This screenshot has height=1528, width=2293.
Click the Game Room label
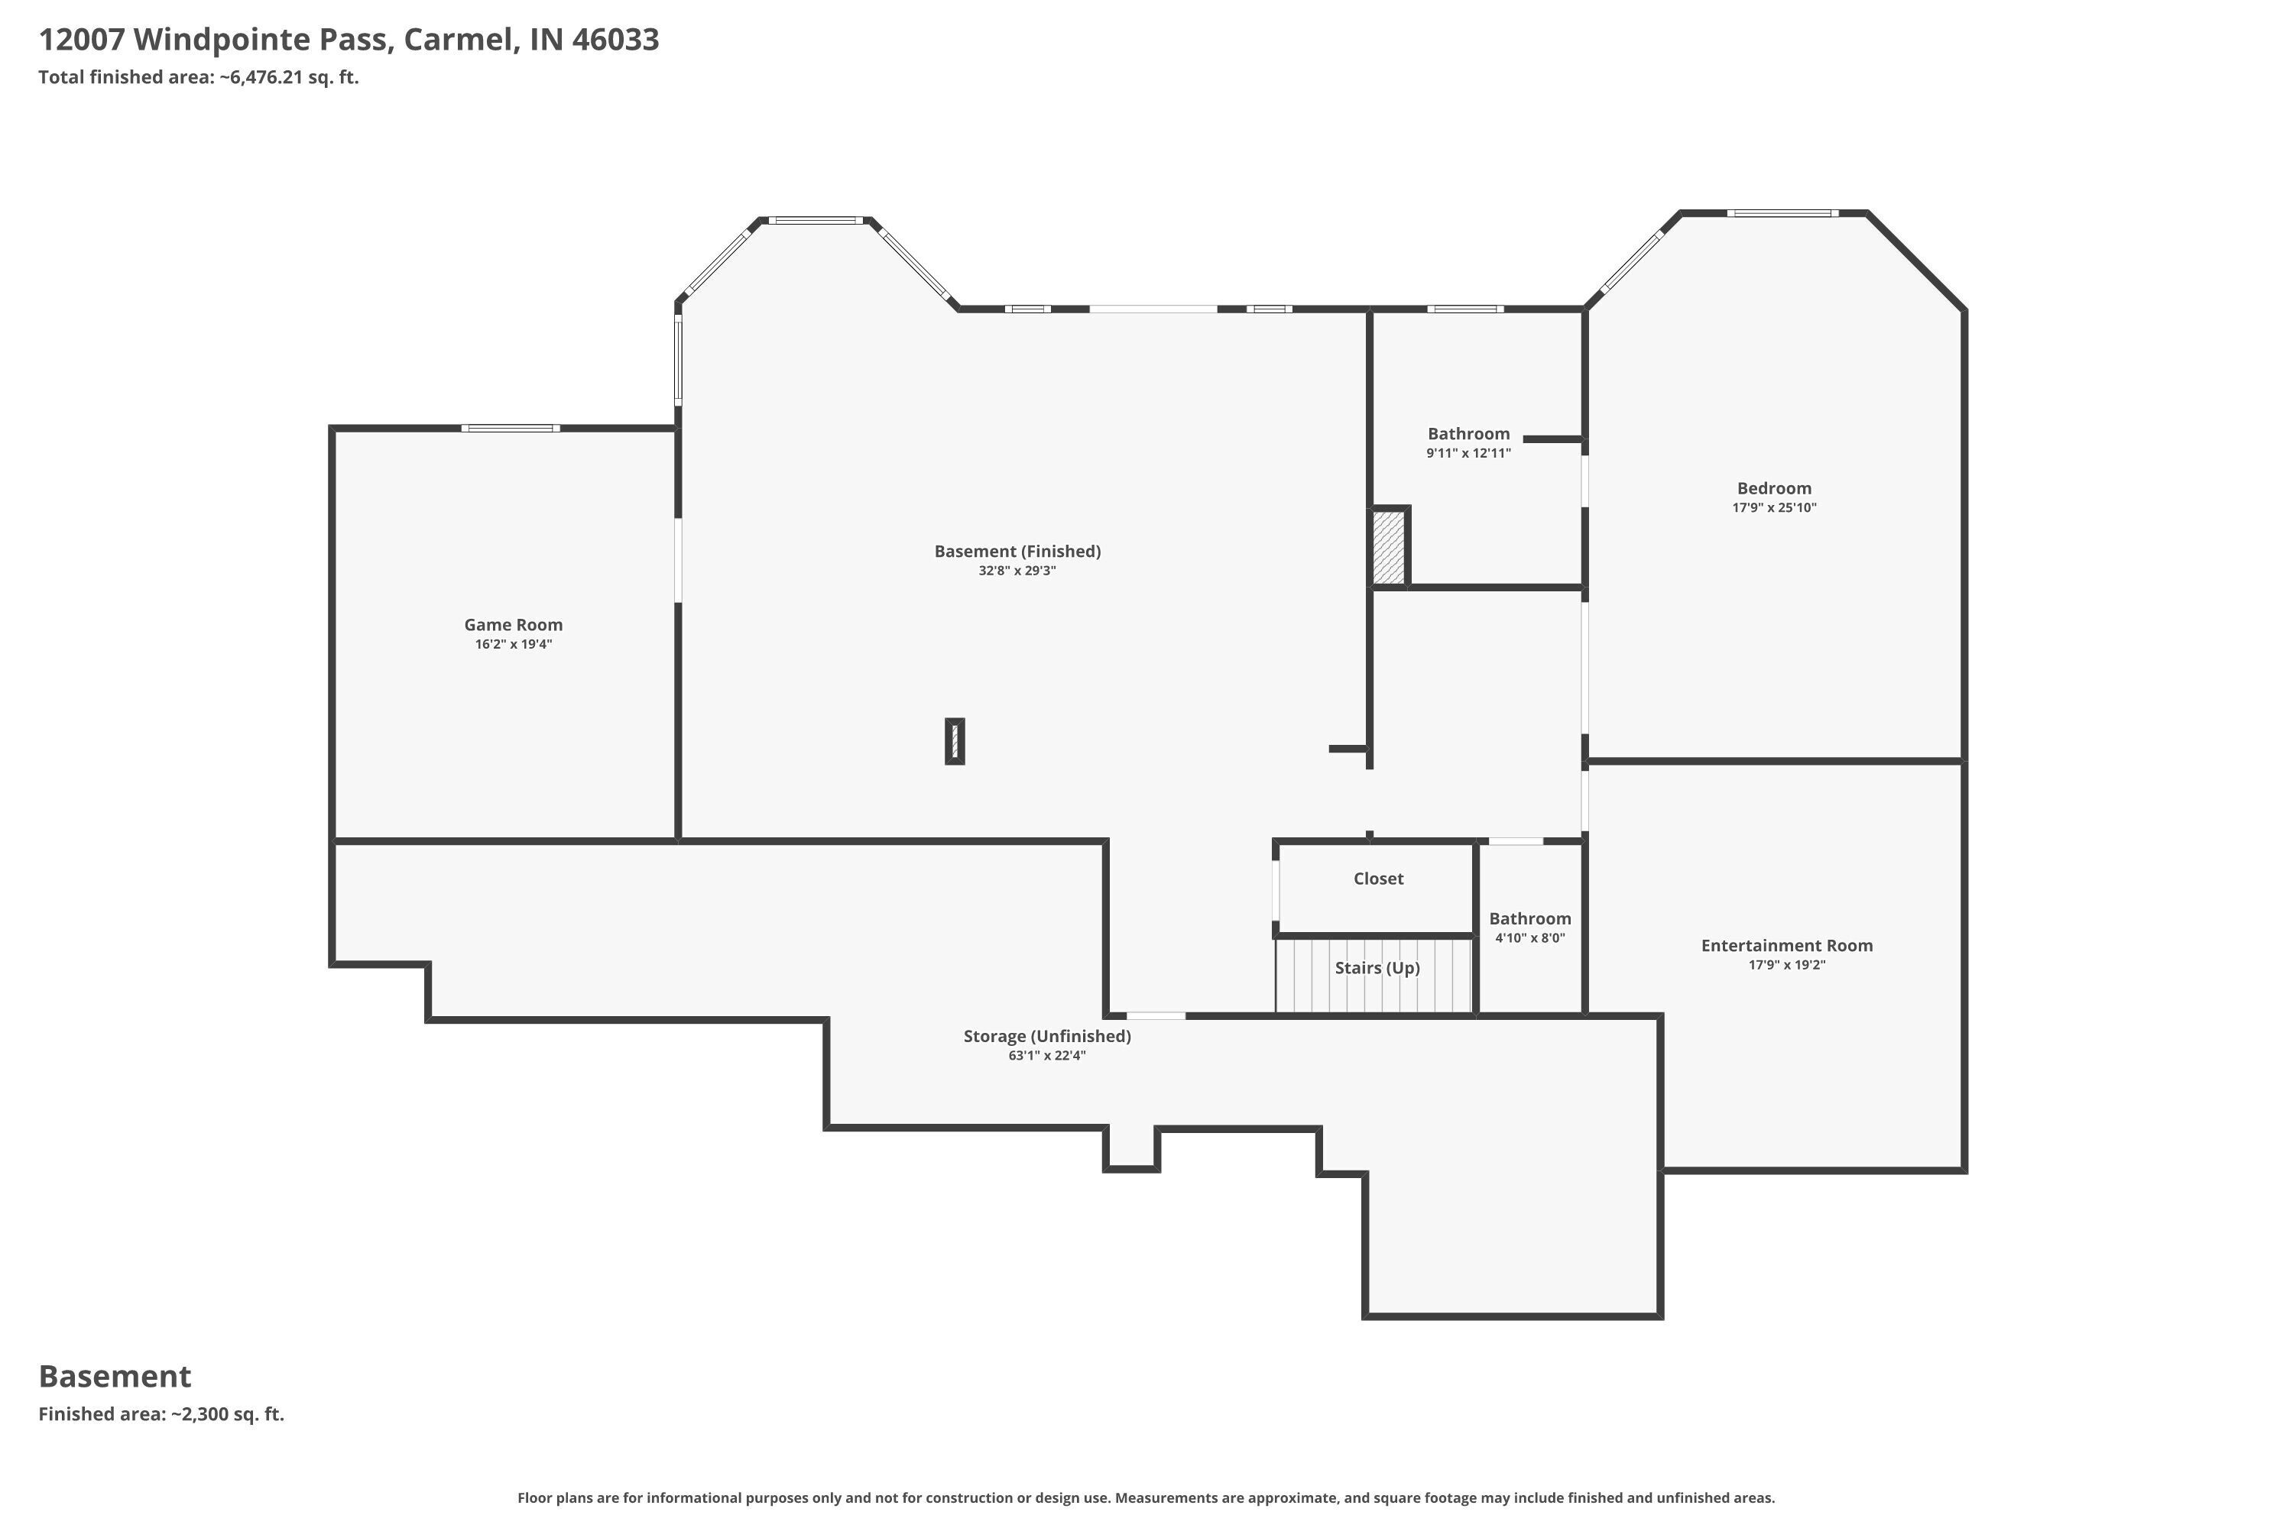point(513,625)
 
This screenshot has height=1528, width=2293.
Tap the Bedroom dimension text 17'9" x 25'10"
point(1774,508)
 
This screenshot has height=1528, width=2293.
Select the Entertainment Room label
point(1787,945)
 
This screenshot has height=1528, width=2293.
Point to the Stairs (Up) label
point(1377,968)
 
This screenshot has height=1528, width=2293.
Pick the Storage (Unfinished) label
point(1047,1036)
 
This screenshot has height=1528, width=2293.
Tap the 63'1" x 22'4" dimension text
point(1047,1055)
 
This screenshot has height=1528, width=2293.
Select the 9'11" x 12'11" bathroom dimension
point(1468,453)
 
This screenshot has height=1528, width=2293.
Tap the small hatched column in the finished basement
point(955,742)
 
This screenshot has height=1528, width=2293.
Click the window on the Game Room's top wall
point(510,428)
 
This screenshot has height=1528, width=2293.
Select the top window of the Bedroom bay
point(1782,212)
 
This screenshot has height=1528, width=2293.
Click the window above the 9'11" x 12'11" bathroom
point(1465,309)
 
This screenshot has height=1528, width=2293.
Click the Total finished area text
point(199,77)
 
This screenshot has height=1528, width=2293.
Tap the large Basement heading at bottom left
point(115,1376)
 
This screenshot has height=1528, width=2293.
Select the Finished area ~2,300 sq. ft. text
point(162,1414)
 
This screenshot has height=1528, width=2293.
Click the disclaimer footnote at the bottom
point(1146,1497)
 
